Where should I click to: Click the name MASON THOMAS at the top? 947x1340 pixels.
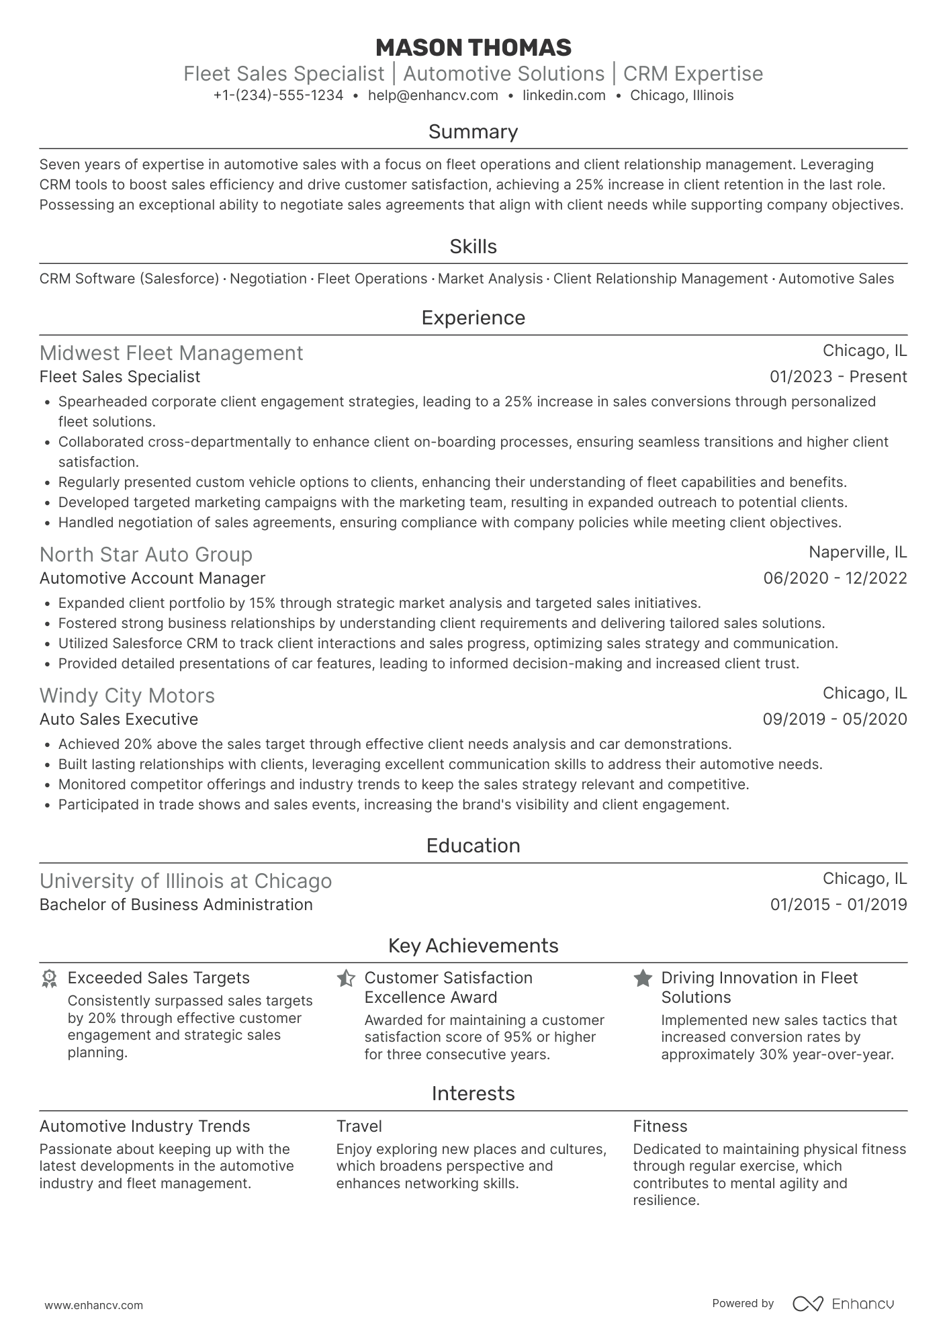click(x=473, y=48)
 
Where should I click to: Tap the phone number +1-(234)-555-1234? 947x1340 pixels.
click(x=278, y=95)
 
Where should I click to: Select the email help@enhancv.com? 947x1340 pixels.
click(x=433, y=95)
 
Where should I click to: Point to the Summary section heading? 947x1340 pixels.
click(x=473, y=132)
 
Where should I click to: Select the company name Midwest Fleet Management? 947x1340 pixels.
click(x=171, y=353)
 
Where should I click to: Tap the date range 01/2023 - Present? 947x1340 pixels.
click(x=838, y=377)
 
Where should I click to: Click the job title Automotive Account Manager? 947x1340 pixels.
click(x=152, y=578)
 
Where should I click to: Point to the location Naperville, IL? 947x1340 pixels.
click(x=857, y=552)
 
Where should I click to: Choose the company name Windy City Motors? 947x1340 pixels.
click(x=127, y=696)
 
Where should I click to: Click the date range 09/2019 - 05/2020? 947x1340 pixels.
click(x=834, y=719)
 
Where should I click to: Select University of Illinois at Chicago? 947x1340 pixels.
click(x=185, y=881)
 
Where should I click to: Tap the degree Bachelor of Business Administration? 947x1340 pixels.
click(x=176, y=905)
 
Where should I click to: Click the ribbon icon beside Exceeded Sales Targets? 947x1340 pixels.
click(x=49, y=979)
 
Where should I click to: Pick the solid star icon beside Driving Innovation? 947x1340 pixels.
click(x=643, y=979)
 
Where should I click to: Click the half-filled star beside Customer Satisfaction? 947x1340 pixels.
click(x=346, y=979)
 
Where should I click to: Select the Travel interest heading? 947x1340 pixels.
click(x=359, y=1126)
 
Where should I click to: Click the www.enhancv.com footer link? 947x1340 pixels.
click(x=93, y=1306)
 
